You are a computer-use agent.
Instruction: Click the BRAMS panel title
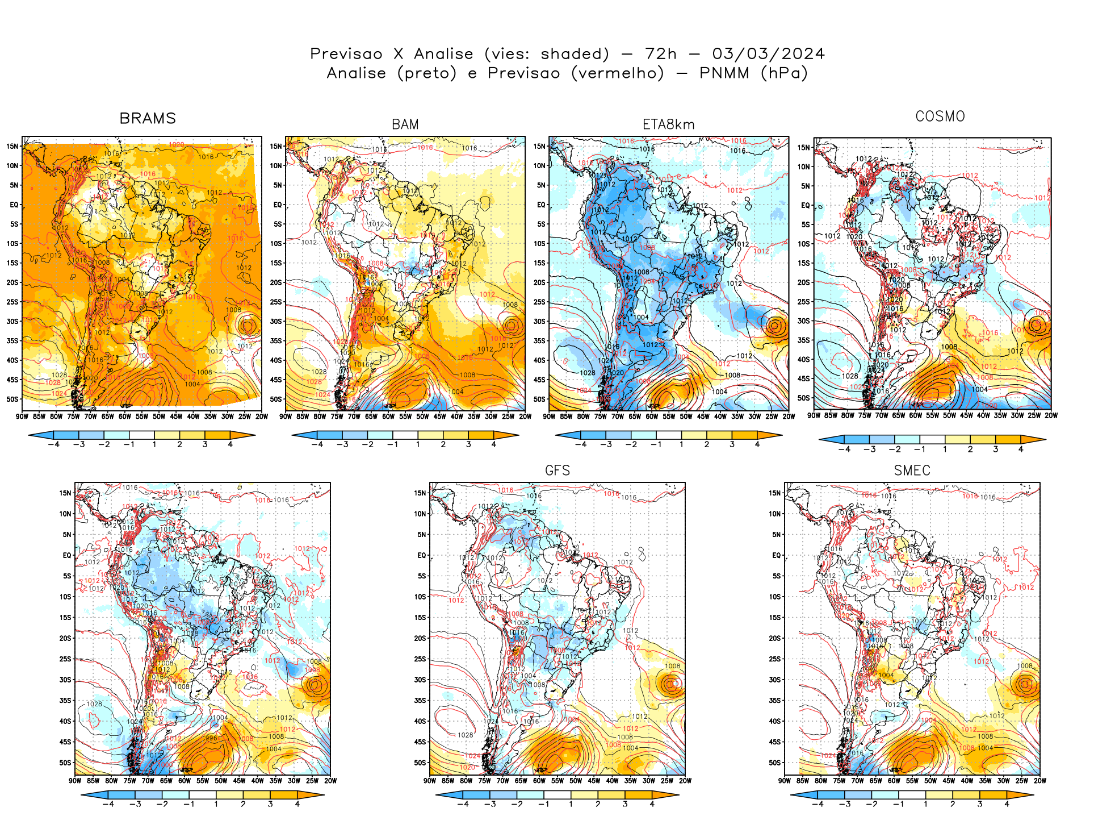pyautogui.click(x=148, y=118)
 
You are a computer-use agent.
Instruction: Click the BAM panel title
pyautogui.click(x=405, y=124)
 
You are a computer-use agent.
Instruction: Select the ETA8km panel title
pyautogui.click(x=668, y=124)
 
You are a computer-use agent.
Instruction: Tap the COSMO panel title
pyautogui.click(x=940, y=116)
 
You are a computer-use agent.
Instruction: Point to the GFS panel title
pyautogui.click(x=557, y=471)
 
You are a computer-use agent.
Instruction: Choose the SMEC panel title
pyautogui.click(x=912, y=471)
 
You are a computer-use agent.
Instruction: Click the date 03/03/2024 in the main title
pyautogui.click(x=768, y=54)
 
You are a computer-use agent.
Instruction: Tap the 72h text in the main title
pyautogui.click(x=661, y=54)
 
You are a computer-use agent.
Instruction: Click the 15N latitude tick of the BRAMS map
pyautogui.click(x=12, y=147)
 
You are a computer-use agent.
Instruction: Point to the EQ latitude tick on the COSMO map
pyautogui.click(x=806, y=206)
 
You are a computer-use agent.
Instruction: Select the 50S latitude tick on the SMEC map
pyautogui.click(x=775, y=763)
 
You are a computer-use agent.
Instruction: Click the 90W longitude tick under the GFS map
pyautogui.click(x=430, y=781)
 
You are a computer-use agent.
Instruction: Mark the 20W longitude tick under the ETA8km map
pyautogui.click(x=789, y=417)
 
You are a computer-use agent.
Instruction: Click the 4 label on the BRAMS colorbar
pyautogui.click(x=230, y=445)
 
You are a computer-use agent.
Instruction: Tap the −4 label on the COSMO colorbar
pyautogui.click(x=844, y=449)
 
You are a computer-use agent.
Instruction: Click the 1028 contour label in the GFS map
pyautogui.click(x=465, y=735)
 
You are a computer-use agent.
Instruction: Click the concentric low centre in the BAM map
pyautogui.click(x=512, y=326)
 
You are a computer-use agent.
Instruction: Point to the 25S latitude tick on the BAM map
pyautogui.click(x=276, y=302)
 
